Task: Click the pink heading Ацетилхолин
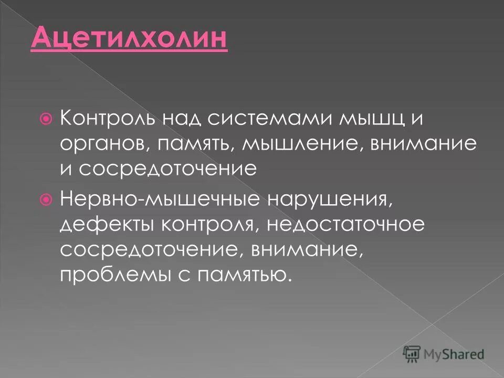coord(129,40)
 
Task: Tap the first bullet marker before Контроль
coord(46,120)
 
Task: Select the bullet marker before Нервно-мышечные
coord(46,199)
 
